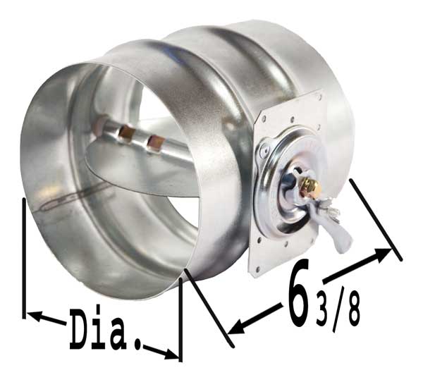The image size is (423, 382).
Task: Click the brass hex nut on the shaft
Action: [312, 187]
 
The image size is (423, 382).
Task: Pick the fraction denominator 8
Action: [352, 309]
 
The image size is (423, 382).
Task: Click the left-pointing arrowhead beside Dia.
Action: [35, 316]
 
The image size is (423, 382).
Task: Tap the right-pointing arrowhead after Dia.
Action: [169, 354]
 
